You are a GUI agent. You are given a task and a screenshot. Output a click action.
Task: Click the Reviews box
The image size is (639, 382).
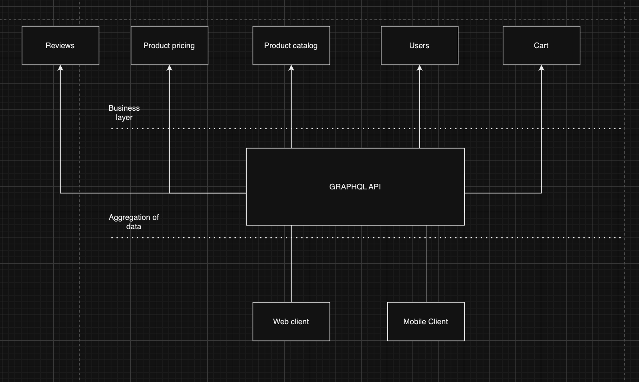click(60, 45)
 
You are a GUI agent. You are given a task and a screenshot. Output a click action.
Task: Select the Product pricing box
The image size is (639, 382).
click(169, 45)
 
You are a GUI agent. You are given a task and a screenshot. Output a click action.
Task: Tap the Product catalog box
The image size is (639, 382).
click(291, 45)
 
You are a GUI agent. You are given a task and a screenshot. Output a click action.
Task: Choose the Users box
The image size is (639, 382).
click(419, 45)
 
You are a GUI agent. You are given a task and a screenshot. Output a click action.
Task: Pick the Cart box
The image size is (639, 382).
click(541, 45)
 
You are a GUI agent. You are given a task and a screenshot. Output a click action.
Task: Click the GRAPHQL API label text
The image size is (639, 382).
click(355, 187)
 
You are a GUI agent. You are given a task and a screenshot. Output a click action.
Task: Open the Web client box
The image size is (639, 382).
click(291, 321)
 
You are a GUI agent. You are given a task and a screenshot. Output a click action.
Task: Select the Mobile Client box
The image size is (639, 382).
click(426, 321)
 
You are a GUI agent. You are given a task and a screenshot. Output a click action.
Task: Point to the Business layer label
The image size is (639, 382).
click(124, 113)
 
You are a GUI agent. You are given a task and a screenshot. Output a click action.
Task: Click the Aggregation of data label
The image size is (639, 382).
click(133, 222)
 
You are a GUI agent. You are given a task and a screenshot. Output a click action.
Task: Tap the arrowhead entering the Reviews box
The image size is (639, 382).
click(61, 68)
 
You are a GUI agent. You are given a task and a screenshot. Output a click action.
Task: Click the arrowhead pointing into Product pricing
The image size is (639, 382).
click(170, 68)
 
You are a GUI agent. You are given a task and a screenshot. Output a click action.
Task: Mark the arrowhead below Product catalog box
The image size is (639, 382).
click(291, 68)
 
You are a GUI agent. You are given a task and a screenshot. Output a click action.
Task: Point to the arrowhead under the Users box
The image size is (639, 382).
click(420, 68)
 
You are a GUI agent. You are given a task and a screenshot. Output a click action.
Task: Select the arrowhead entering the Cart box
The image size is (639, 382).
click(542, 68)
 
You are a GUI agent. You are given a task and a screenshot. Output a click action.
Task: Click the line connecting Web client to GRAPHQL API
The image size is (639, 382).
click(291, 265)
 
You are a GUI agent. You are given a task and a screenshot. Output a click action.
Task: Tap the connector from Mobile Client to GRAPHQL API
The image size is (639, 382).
click(426, 265)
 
